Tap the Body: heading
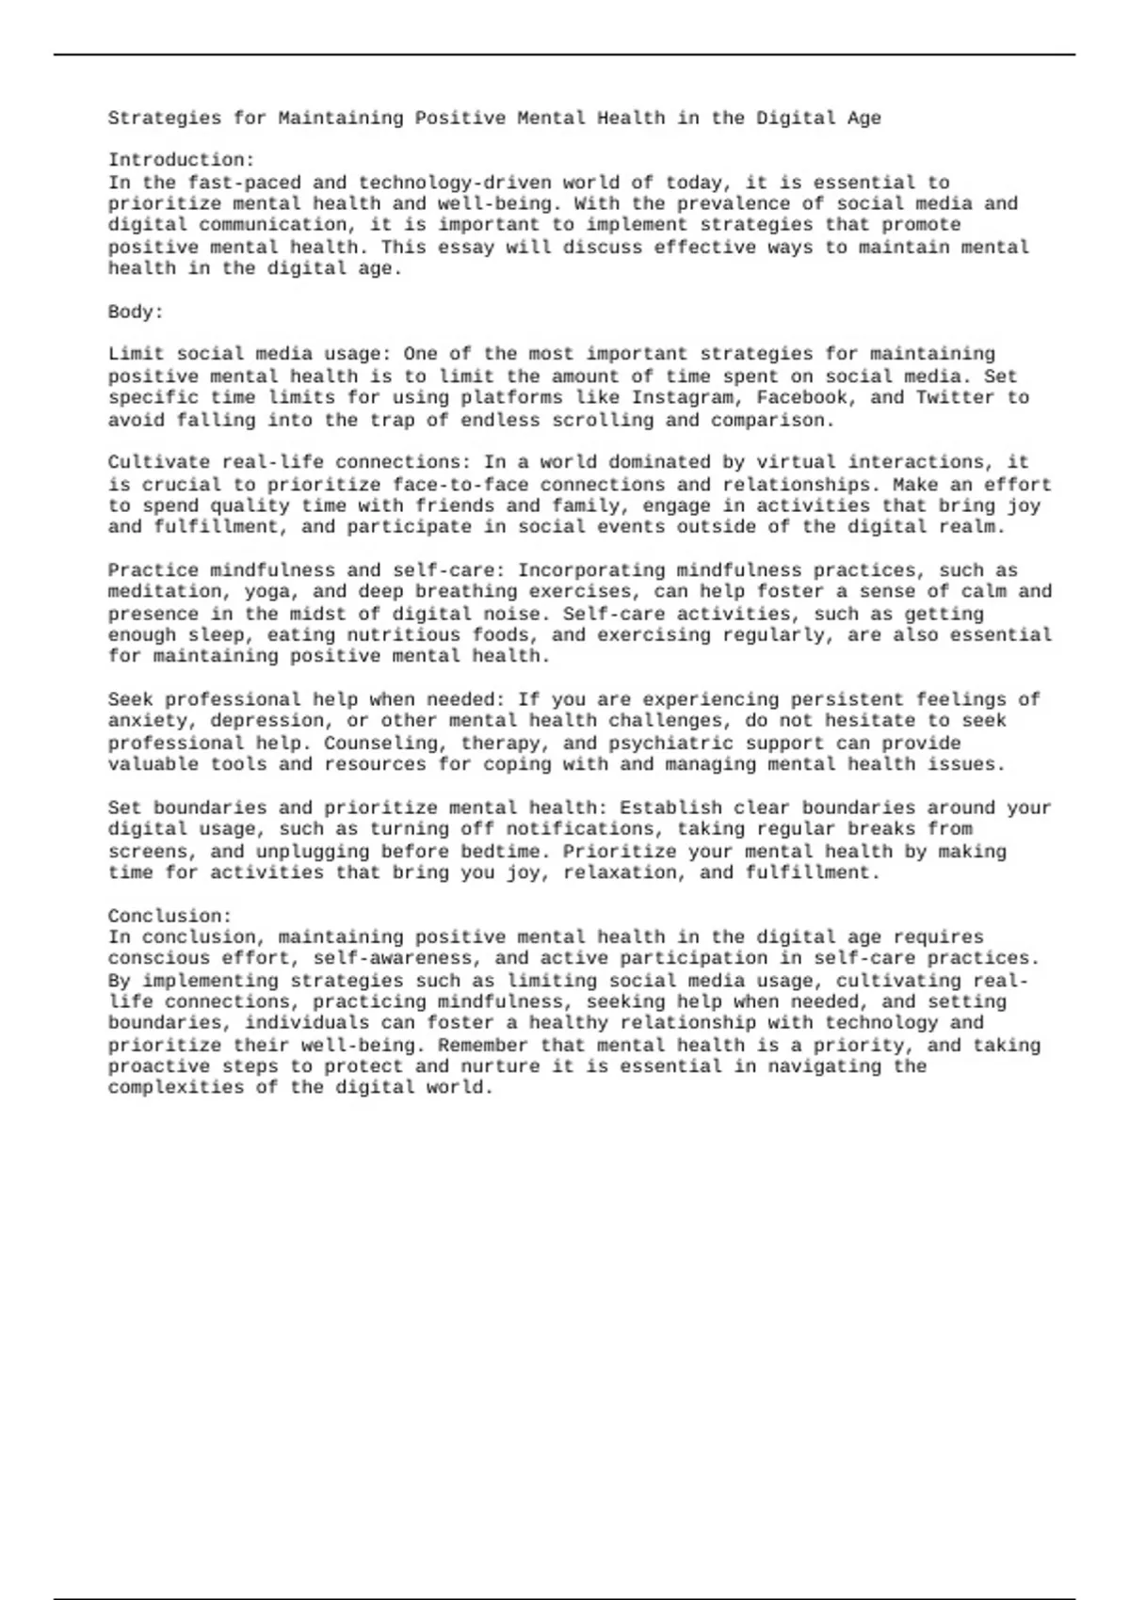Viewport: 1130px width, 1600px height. pyautogui.click(x=136, y=312)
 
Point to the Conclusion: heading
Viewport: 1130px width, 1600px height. pyautogui.click(x=169, y=916)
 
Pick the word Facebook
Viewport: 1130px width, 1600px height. pyautogui.click(x=801, y=397)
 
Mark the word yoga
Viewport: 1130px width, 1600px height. pyautogui.click(x=266, y=592)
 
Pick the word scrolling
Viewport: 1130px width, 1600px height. pyautogui.click(x=597, y=421)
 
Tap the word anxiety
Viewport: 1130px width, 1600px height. pyautogui.click(x=147, y=721)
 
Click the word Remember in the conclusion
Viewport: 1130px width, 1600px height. pyautogui.click(x=483, y=1045)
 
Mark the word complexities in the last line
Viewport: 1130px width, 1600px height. pyautogui.click(x=175, y=1088)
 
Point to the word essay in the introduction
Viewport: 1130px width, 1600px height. pyautogui.click(x=465, y=248)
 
